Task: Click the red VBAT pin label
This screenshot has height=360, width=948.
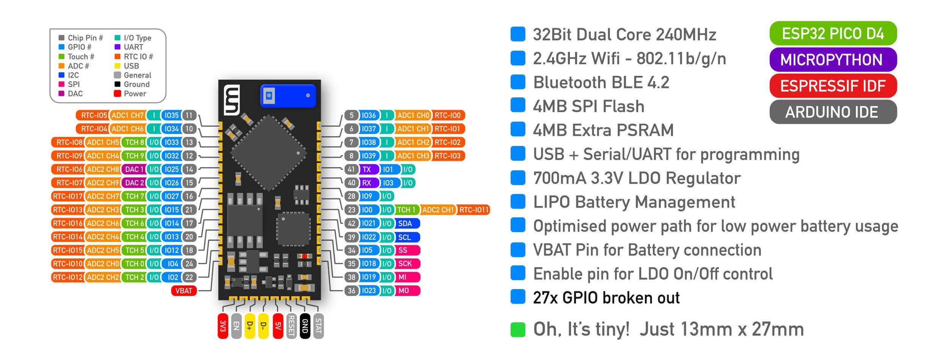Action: pos(184,291)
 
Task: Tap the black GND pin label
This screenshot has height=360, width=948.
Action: pos(305,326)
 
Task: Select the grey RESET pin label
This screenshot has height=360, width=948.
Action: pos(291,326)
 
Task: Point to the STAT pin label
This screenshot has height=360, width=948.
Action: pos(319,326)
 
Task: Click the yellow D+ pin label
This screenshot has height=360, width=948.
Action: pos(250,326)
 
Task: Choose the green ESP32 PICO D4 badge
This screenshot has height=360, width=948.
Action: pos(833,33)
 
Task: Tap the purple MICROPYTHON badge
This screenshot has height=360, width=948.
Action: pos(833,60)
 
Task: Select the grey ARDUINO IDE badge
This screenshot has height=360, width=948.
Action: pos(833,112)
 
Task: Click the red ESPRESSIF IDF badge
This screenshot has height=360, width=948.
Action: pos(833,86)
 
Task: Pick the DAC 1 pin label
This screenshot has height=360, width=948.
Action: pos(134,169)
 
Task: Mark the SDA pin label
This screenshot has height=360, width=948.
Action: pos(406,223)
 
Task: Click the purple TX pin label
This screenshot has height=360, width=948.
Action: pos(367,169)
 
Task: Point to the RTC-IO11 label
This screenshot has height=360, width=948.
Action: pos(474,210)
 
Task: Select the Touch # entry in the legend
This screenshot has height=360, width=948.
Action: pos(80,57)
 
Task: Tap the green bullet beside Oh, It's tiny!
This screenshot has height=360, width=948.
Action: pos(518,329)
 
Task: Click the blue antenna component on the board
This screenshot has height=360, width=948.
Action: pos(288,96)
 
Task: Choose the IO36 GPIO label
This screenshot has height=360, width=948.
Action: pos(369,115)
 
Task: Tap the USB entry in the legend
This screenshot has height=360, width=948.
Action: pos(131,66)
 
